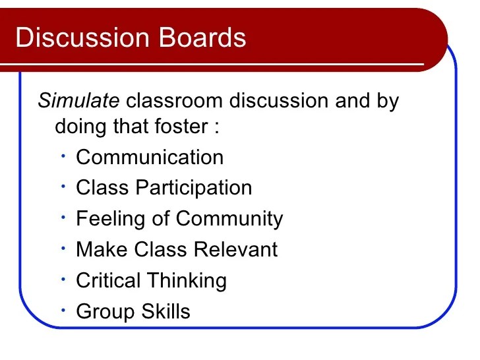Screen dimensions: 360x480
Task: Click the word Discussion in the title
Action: click(x=73, y=38)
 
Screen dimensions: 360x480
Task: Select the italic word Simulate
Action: click(x=78, y=102)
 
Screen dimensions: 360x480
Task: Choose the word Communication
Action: click(x=150, y=158)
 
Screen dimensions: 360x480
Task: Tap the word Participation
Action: click(x=194, y=188)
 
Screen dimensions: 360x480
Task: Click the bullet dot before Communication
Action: click(x=61, y=156)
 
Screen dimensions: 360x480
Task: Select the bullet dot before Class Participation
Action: click(x=61, y=186)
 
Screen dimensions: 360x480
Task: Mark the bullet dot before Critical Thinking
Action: click(x=61, y=278)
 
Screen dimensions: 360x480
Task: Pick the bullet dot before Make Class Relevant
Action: click(x=61, y=247)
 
